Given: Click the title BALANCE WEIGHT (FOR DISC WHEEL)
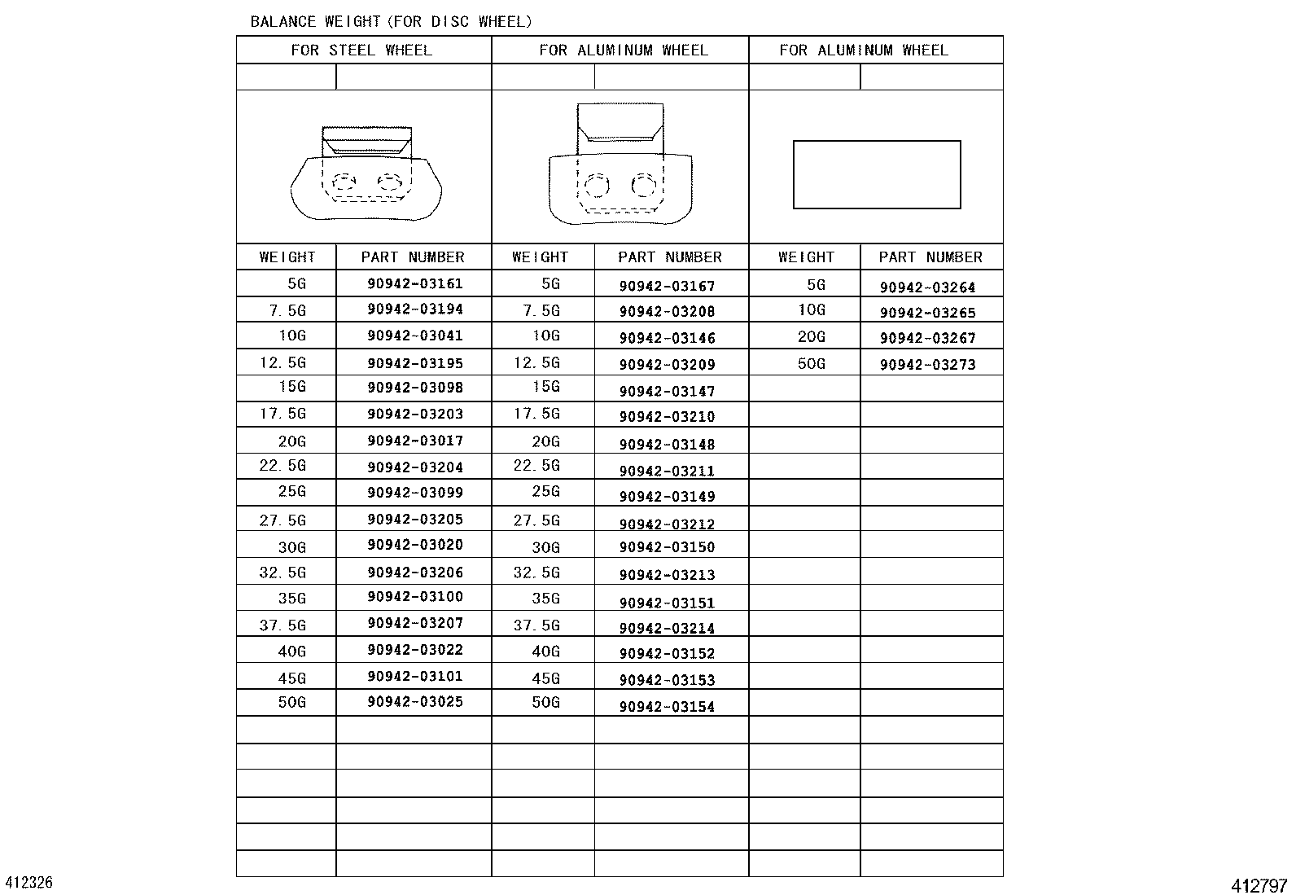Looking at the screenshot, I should [x=391, y=22].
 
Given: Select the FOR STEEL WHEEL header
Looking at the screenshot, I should [x=361, y=50].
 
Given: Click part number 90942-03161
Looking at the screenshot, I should [x=414, y=284].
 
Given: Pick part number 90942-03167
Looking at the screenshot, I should [x=667, y=286].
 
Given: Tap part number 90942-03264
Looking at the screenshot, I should [x=927, y=287].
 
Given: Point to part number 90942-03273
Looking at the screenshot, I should [x=927, y=365].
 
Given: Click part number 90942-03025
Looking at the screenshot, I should [x=414, y=702].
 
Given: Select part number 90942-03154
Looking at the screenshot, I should [x=667, y=707].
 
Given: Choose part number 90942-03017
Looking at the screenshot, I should [x=414, y=441].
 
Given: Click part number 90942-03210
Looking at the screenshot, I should [x=667, y=417].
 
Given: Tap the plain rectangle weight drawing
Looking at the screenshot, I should [x=877, y=175].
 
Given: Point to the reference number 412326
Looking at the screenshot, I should [x=29, y=883].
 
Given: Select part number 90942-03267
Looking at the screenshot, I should [x=927, y=338].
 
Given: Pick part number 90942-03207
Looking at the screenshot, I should [x=414, y=624].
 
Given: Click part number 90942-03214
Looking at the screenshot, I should [x=667, y=629].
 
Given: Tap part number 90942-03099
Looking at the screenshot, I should [x=414, y=493].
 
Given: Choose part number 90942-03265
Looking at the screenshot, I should [x=927, y=313].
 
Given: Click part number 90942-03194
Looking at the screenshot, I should [x=414, y=309].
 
